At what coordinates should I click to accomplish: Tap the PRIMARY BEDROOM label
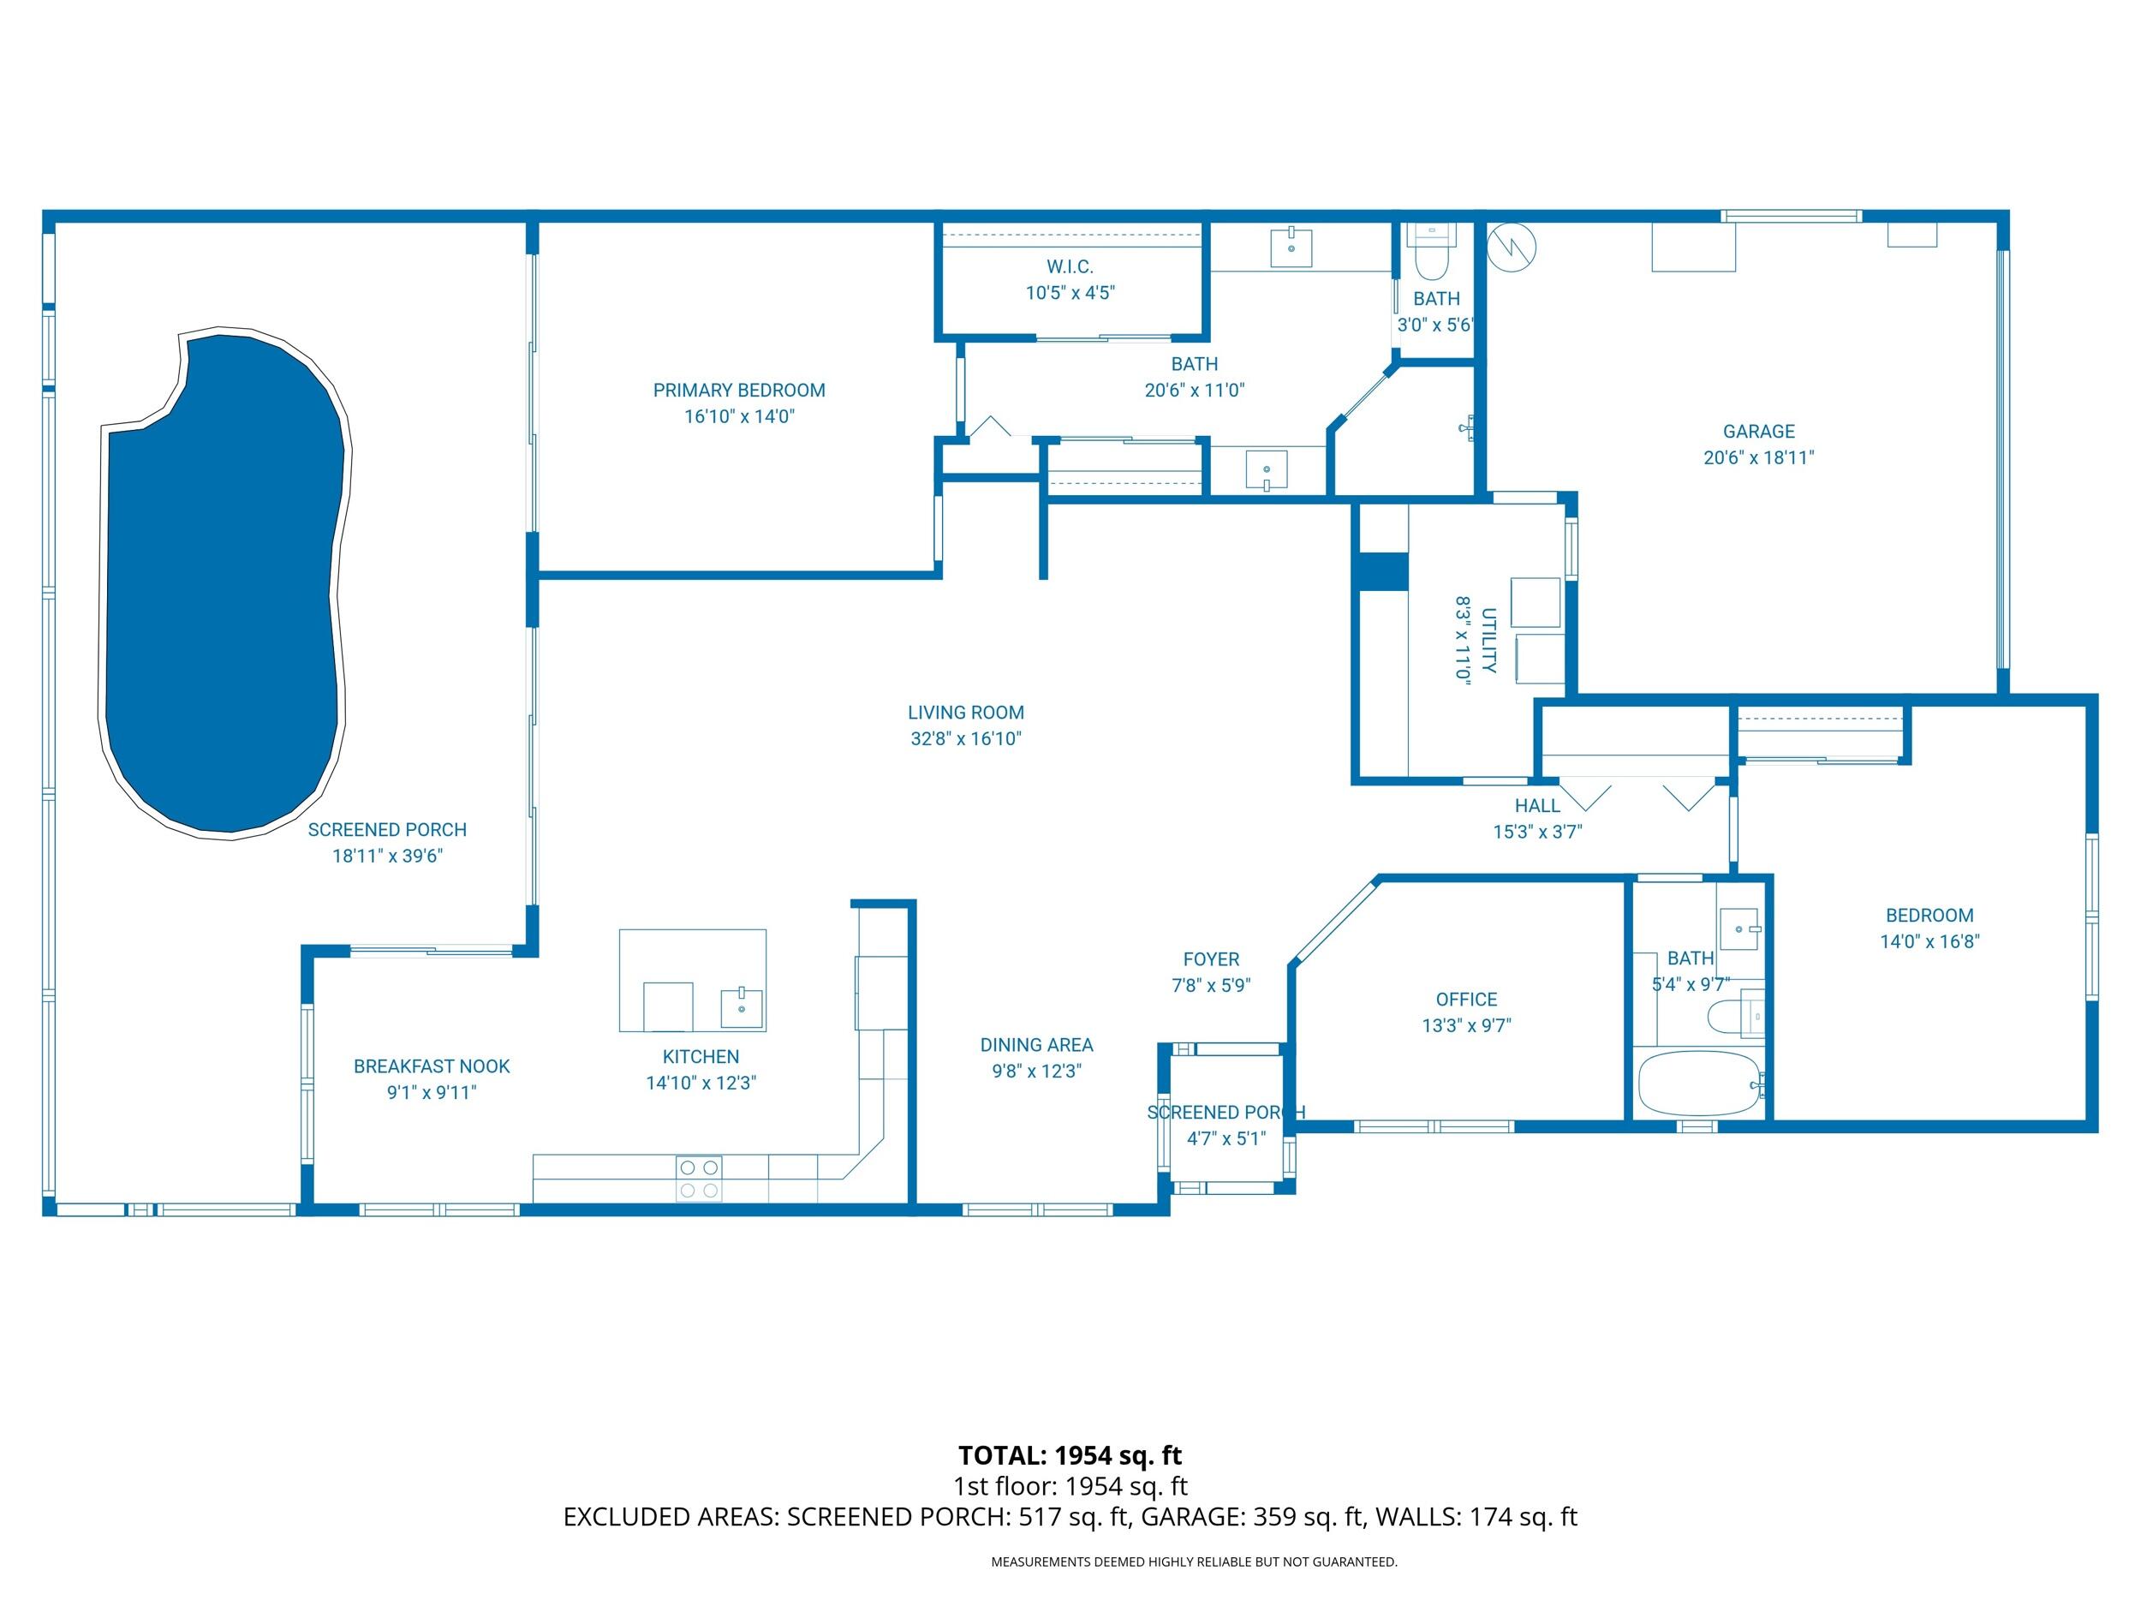point(738,390)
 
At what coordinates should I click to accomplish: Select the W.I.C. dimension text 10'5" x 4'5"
point(1070,292)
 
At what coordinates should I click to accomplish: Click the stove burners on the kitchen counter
point(699,1178)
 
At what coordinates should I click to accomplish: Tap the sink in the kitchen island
point(742,1008)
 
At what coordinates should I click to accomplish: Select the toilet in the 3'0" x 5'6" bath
point(1429,254)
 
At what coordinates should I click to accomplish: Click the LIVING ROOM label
point(965,713)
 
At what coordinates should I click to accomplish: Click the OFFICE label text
point(1465,999)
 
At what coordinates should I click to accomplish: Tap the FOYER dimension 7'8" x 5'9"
point(1210,986)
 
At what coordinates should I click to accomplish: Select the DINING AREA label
point(1035,1044)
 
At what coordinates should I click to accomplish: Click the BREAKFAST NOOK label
point(431,1066)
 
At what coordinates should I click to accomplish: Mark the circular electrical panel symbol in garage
point(1511,247)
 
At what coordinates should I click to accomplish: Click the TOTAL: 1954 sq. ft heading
point(1070,1455)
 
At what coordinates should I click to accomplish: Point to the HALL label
point(1537,805)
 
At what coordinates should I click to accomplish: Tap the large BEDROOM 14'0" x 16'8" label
point(1928,915)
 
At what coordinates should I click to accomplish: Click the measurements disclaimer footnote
point(1194,1561)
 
